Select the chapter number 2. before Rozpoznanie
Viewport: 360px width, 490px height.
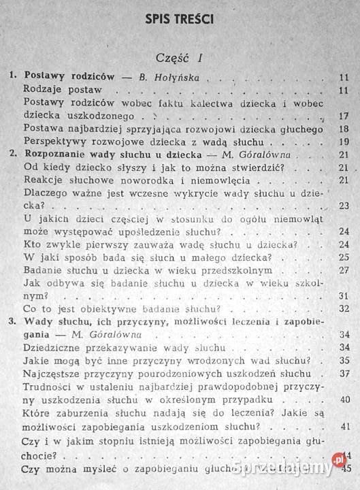point(12,154)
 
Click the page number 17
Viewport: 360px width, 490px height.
point(342,116)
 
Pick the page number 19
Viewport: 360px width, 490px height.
point(342,142)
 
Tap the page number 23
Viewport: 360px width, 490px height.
point(342,206)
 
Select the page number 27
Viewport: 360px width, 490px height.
point(342,270)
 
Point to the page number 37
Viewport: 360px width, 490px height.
point(342,374)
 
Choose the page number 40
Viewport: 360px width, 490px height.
point(342,399)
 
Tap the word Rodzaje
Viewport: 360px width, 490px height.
point(44,89)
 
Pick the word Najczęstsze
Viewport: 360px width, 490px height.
point(54,374)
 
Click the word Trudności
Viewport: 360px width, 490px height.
point(48,387)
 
